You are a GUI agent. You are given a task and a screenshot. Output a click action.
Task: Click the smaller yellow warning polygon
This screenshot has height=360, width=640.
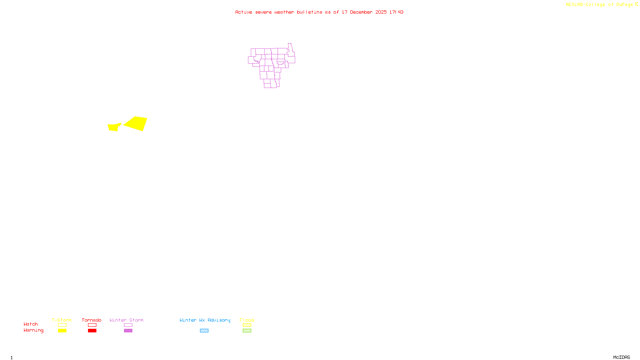114,127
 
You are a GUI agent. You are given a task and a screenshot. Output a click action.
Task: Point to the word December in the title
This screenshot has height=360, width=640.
361,12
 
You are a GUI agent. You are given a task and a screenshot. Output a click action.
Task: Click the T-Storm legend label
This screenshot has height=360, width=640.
62,320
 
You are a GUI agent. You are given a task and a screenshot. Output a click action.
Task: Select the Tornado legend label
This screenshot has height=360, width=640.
92,320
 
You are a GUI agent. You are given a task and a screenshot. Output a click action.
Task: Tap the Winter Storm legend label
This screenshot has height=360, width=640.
126,320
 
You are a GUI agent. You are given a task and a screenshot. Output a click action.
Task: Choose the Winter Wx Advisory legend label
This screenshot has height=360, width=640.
205,320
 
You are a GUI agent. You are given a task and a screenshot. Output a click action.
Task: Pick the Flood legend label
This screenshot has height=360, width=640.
247,320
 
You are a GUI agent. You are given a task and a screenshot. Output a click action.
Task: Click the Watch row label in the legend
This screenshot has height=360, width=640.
31,324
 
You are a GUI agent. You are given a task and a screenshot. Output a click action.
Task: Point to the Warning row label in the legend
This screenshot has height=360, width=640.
34,330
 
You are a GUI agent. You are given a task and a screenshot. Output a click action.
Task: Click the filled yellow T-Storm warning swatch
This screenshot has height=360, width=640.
62,331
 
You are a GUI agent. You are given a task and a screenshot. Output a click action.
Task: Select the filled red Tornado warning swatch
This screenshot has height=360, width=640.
92,331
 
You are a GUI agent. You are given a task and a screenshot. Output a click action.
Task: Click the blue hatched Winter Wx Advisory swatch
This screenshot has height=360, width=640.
204,331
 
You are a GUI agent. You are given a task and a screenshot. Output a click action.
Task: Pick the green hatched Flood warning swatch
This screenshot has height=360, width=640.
247,331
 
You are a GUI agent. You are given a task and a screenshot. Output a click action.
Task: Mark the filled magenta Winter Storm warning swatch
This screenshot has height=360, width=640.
128,331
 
